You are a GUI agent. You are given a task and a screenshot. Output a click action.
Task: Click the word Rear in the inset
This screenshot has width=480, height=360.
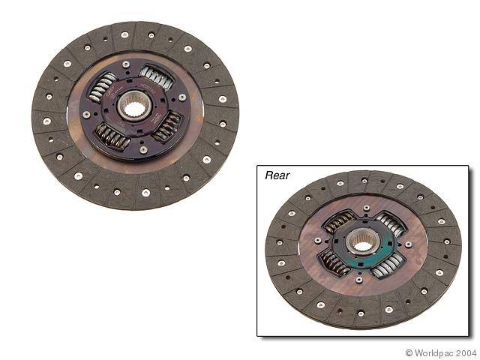(277, 175)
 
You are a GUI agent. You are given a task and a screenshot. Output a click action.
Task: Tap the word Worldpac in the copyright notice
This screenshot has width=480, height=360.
(439, 352)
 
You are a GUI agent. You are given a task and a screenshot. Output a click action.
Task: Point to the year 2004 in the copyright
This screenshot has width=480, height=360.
(467, 352)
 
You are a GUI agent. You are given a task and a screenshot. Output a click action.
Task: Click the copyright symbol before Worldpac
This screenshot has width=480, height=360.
(409, 352)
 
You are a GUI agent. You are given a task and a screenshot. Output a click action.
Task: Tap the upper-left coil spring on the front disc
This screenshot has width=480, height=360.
(104, 88)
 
